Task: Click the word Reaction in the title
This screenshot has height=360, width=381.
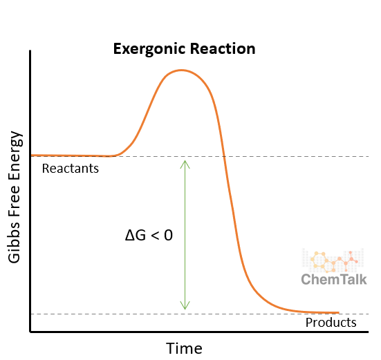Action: click(223, 49)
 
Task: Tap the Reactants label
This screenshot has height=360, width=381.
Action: click(71, 169)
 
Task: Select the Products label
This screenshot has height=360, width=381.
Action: click(331, 323)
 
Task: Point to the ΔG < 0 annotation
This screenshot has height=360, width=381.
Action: click(149, 235)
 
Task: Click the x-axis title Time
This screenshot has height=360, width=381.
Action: click(185, 347)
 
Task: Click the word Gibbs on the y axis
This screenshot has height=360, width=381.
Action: click(16, 241)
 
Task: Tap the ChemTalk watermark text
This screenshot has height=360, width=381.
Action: click(334, 279)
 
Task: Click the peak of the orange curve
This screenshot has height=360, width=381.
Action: click(181, 70)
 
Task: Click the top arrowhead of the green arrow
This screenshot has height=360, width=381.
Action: click(185, 162)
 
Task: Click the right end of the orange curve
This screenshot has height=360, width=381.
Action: click(339, 313)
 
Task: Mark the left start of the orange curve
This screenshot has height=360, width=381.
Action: click(32, 155)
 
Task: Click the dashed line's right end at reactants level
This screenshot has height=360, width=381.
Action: click(368, 156)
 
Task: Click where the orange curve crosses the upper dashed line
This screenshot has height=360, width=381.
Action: click(225, 156)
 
